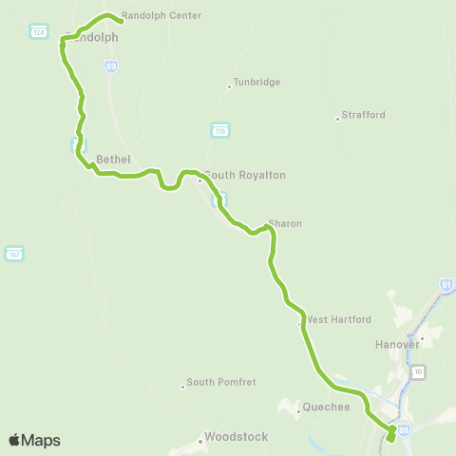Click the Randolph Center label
click(x=161, y=16)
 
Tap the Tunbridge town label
click(x=256, y=83)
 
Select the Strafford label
click(x=364, y=115)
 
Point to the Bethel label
click(x=113, y=159)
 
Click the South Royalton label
click(x=244, y=175)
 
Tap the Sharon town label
click(x=285, y=223)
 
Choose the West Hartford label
click(x=338, y=320)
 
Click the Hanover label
click(x=397, y=345)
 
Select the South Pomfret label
click(x=217, y=383)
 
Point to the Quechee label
click(x=327, y=407)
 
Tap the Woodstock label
click(x=234, y=437)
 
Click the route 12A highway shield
click(x=39, y=31)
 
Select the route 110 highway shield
click(x=220, y=128)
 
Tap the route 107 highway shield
click(x=13, y=254)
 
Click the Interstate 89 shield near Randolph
click(x=111, y=66)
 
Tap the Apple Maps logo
click(x=34, y=440)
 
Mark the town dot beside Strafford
click(x=337, y=119)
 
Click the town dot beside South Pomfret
click(x=182, y=386)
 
